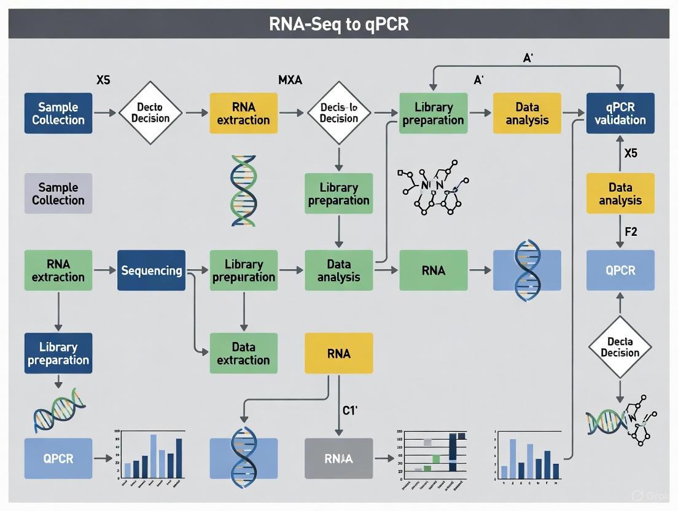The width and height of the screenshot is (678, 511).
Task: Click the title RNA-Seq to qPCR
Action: (x=338, y=24)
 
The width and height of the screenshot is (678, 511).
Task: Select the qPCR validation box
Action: (x=620, y=113)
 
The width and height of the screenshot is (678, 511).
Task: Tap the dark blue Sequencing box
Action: (x=151, y=270)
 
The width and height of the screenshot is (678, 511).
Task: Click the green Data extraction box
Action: (x=243, y=353)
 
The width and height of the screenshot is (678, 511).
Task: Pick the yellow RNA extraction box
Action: (x=243, y=113)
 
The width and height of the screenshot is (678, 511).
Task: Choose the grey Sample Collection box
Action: (x=58, y=193)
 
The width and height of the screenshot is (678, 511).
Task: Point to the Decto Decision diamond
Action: (x=150, y=113)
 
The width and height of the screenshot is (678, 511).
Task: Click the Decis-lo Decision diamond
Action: (x=338, y=113)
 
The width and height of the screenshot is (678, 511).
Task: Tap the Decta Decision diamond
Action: (x=620, y=347)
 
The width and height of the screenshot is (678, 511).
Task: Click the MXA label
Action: (x=290, y=80)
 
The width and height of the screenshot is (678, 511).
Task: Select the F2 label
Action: (x=631, y=233)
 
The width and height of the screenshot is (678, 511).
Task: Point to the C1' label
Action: (x=349, y=411)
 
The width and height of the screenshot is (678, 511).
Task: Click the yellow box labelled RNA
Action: (x=338, y=353)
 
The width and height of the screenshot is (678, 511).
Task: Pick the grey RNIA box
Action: (x=338, y=458)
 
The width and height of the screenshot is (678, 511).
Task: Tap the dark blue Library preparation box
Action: (x=58, y=353)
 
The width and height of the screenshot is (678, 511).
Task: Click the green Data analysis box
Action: (x=338, y=270)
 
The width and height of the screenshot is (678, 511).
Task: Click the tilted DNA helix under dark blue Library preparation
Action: (x=58, y=410)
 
